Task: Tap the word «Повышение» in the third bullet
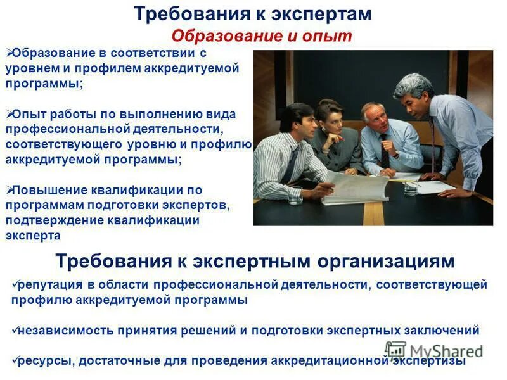point(46,190)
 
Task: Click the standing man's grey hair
point(412,83)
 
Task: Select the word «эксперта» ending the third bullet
point(33,236)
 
